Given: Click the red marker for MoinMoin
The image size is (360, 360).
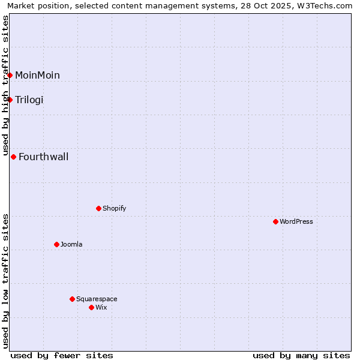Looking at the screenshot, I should (10, 75).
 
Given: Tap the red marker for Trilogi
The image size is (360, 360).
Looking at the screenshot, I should (10, 100).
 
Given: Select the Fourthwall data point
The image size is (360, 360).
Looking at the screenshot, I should (13, 157).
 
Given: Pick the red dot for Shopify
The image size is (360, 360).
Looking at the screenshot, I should (98, 208).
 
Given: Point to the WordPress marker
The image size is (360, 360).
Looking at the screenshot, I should (275, 221).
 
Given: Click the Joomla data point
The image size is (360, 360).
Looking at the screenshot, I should (56, 244).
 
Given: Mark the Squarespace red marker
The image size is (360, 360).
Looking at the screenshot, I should (72, 299).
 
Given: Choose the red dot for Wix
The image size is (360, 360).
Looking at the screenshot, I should (91, 307).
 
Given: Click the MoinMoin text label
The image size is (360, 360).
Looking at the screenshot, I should (37, 75).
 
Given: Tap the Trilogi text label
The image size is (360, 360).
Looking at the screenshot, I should (29, 100).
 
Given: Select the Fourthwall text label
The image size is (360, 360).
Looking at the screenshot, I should (44, 157).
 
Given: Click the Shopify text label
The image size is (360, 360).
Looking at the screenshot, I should (114, 208).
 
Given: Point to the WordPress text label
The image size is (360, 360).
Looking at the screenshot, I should (296, 221).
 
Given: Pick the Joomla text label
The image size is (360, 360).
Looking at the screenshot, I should (71, 244).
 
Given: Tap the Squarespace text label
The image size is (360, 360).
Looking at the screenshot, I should (97, 299).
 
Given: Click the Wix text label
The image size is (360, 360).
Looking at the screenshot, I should (101, 307).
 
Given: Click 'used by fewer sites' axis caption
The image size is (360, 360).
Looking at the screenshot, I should (62, 355).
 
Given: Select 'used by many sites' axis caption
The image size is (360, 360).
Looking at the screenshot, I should (301, 355).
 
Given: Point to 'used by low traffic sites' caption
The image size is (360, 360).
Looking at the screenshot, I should (5, 281).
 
